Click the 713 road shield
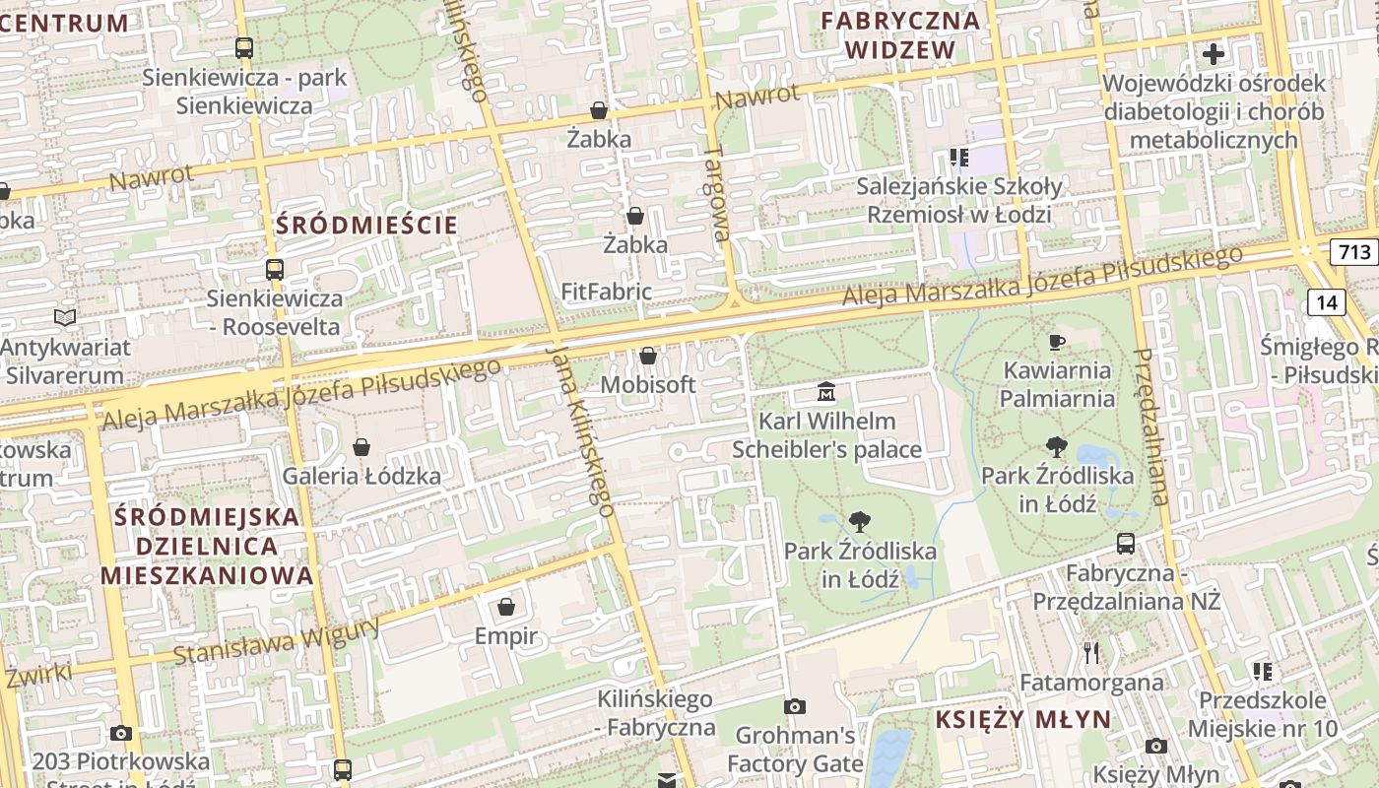click(x=1354, y=252)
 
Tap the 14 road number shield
click(x=1327, y=302)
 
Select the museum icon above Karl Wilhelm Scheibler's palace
click(x=826, y=393)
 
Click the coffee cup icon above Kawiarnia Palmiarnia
click(x=1057, y=342)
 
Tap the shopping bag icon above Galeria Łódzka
click(x=361, y=447)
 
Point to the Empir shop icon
click(x=506, y=606)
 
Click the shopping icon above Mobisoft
click(x=648, y=356)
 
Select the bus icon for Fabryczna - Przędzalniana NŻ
click(x=1125, y=543)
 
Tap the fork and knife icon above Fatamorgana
click(x=1090, y=652)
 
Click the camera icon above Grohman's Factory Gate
click(x=794, y=706)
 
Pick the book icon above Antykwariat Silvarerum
click(x=65, y=318)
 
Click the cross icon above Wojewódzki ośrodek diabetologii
click(x=1214, y=53)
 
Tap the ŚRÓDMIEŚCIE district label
click(x=366, y=225)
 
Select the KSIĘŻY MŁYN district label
click(x=1022, y=719)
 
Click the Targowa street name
click(x=716, y=193)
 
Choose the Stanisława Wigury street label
click(x=277, y=641)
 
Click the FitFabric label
click(x=606, y=292)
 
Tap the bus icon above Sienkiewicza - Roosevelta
click(x=275, y=269)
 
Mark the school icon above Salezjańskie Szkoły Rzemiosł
click(x=959, y=157)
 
